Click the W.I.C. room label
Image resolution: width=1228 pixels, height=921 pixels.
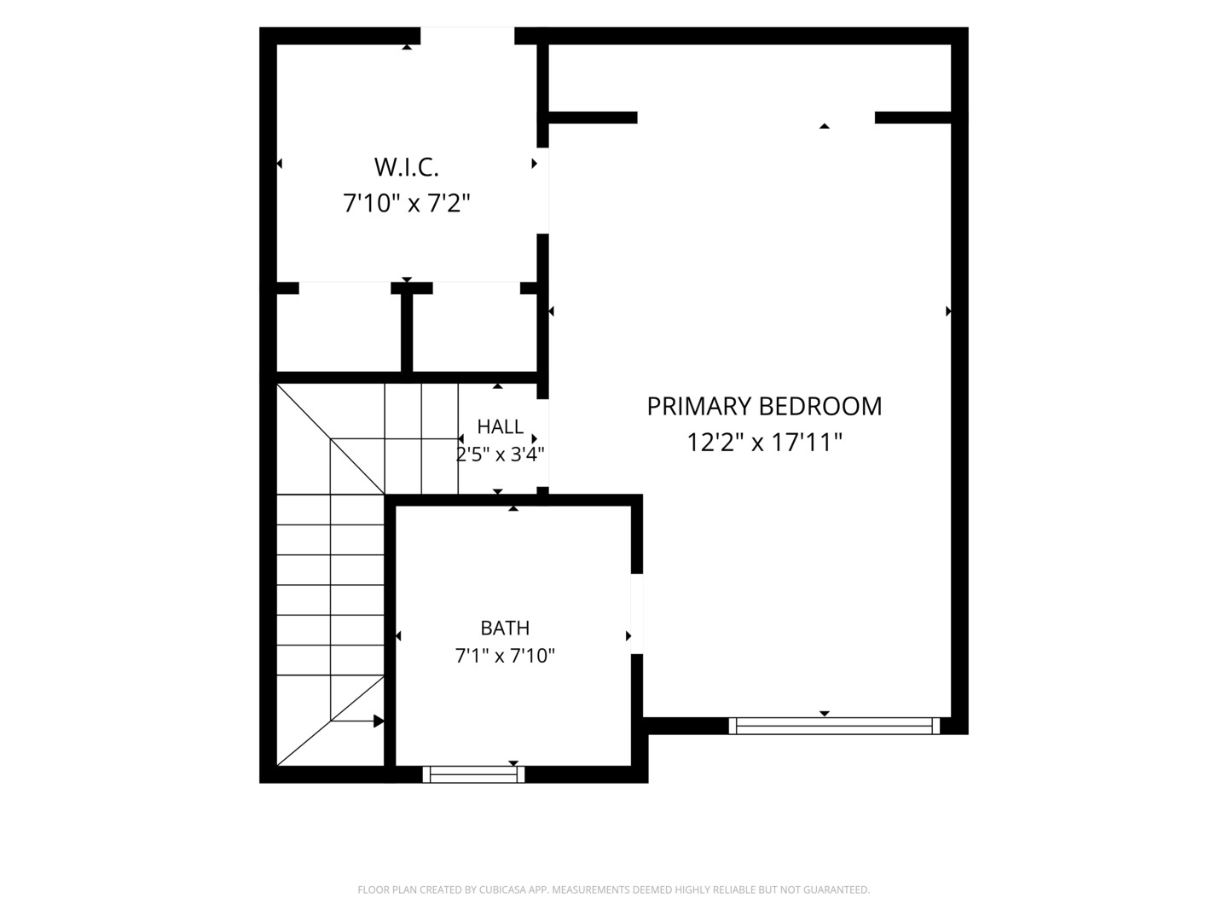tap(406, 167)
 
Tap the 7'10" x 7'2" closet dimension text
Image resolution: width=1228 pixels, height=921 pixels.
tap(406, 203)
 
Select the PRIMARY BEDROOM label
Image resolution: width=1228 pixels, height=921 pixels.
tap(764, 407)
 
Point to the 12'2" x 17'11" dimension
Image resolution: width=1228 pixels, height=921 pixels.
tap(764, 443)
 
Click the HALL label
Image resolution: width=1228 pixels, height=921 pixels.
tap(500, 426)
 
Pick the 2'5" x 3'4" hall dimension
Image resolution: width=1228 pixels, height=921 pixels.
tap(500, 454)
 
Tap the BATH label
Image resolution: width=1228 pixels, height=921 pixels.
tap(505, 628)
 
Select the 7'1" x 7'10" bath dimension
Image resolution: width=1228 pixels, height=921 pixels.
tap(505, 656)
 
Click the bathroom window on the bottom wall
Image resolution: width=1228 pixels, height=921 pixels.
tap(473, 774)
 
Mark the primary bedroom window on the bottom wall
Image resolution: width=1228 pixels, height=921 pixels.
tap(834, 726)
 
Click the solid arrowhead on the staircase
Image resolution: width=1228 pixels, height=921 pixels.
tap(379, 721)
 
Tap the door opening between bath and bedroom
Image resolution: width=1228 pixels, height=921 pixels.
tap(637, 613)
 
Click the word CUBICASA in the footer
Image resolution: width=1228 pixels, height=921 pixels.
tap(502, 889)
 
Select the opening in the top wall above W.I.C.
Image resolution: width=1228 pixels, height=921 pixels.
tap(467, 36)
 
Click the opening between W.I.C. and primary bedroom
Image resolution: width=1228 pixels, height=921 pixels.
tap(542, 191)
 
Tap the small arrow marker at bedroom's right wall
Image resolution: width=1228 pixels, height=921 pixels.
tap(948, 311)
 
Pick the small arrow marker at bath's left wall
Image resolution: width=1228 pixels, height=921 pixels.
tap(398, 636)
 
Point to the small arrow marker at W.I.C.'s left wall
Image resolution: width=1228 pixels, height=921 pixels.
tap(280, 163)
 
